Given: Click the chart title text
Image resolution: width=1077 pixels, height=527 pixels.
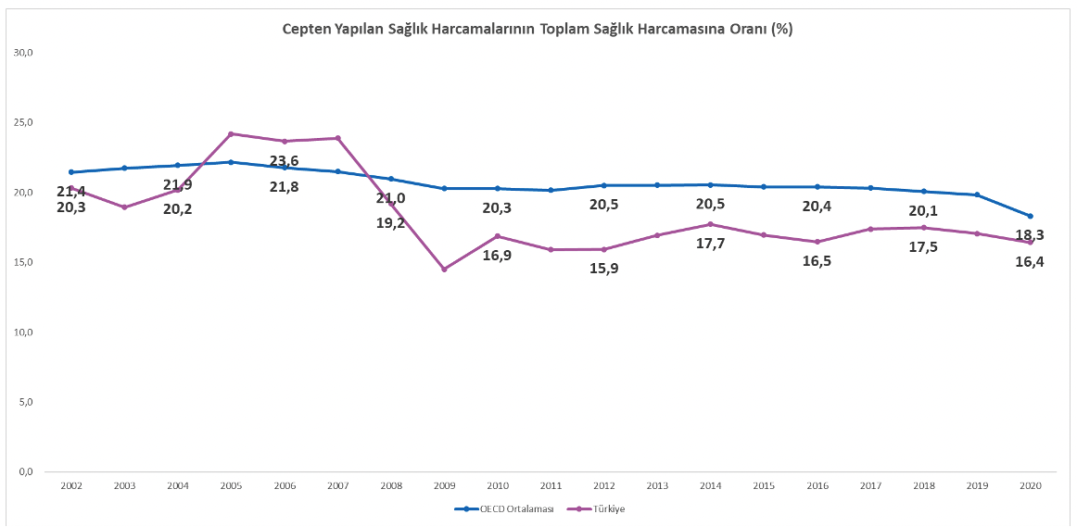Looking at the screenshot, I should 538,29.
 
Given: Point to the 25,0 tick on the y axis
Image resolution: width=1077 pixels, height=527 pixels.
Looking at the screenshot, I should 24,122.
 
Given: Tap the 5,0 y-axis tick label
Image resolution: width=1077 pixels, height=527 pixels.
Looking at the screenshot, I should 26,402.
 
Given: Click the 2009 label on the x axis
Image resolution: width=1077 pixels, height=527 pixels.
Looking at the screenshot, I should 444,485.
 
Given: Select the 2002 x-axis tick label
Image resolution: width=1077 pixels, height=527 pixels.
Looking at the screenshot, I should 70,485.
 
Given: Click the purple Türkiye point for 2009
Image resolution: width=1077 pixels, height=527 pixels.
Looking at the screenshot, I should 444,270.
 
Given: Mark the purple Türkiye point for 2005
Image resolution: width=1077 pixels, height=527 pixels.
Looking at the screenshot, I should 231,133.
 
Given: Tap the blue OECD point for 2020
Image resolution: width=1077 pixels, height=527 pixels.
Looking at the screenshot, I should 1030,216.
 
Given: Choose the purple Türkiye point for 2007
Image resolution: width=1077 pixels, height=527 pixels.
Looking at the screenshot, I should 337,138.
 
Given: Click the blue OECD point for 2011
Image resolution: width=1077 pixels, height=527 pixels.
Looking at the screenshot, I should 551,190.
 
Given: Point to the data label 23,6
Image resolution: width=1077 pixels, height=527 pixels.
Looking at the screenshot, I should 284,161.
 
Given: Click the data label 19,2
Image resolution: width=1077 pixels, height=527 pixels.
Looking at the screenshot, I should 390,223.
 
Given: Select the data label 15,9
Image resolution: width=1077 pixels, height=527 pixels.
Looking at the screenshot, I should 604,269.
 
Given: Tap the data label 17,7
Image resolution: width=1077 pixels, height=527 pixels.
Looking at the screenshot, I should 710,244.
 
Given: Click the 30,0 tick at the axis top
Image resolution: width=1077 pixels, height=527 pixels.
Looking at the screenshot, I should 24,53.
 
